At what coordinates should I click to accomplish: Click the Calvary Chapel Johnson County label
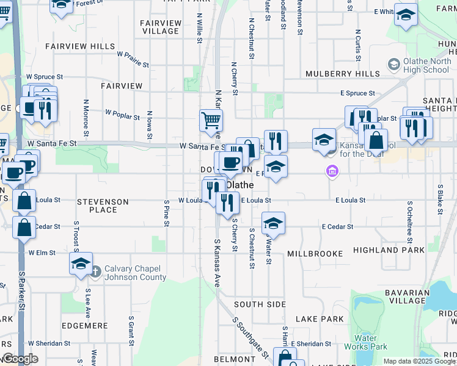[x=135, y=273]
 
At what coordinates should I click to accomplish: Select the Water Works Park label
[x=371, y=342]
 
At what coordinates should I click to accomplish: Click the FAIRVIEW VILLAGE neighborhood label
[x=161, y=27]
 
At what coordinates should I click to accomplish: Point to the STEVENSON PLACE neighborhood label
[x=103, y=206]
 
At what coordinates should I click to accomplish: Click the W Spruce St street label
[x=45, y=77]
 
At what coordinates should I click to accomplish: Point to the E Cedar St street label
[x=338, y=227]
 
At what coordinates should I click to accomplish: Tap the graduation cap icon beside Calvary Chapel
[x=81, y=264]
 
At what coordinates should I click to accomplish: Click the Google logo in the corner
[x=20, y=359]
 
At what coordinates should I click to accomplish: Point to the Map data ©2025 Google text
[x=419, y=361]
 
